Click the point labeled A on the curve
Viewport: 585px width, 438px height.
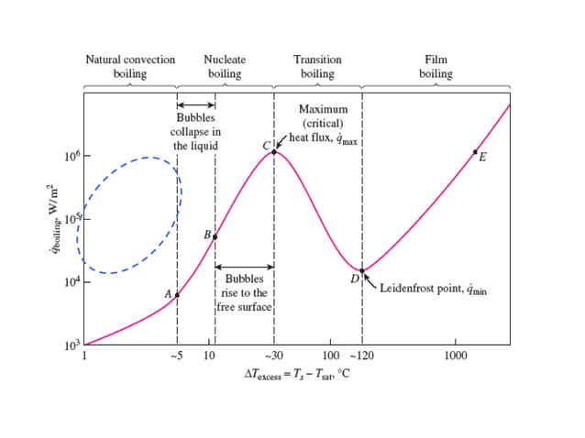tap(177, 294)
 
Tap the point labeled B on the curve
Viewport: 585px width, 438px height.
tap(215, 236)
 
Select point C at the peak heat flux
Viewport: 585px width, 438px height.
tap(274, 151)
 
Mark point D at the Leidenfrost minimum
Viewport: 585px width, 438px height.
tap(362, 269)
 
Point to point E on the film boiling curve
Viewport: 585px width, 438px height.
tap(475, 151)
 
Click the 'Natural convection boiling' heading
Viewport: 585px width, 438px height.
tap(130, 67)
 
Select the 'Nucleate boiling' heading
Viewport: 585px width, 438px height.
tap(225, 67)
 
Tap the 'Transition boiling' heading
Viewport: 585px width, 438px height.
tap(317, 67)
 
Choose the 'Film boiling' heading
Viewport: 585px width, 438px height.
tap(436, 67)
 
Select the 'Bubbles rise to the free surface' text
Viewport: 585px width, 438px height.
tap(245, 292)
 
